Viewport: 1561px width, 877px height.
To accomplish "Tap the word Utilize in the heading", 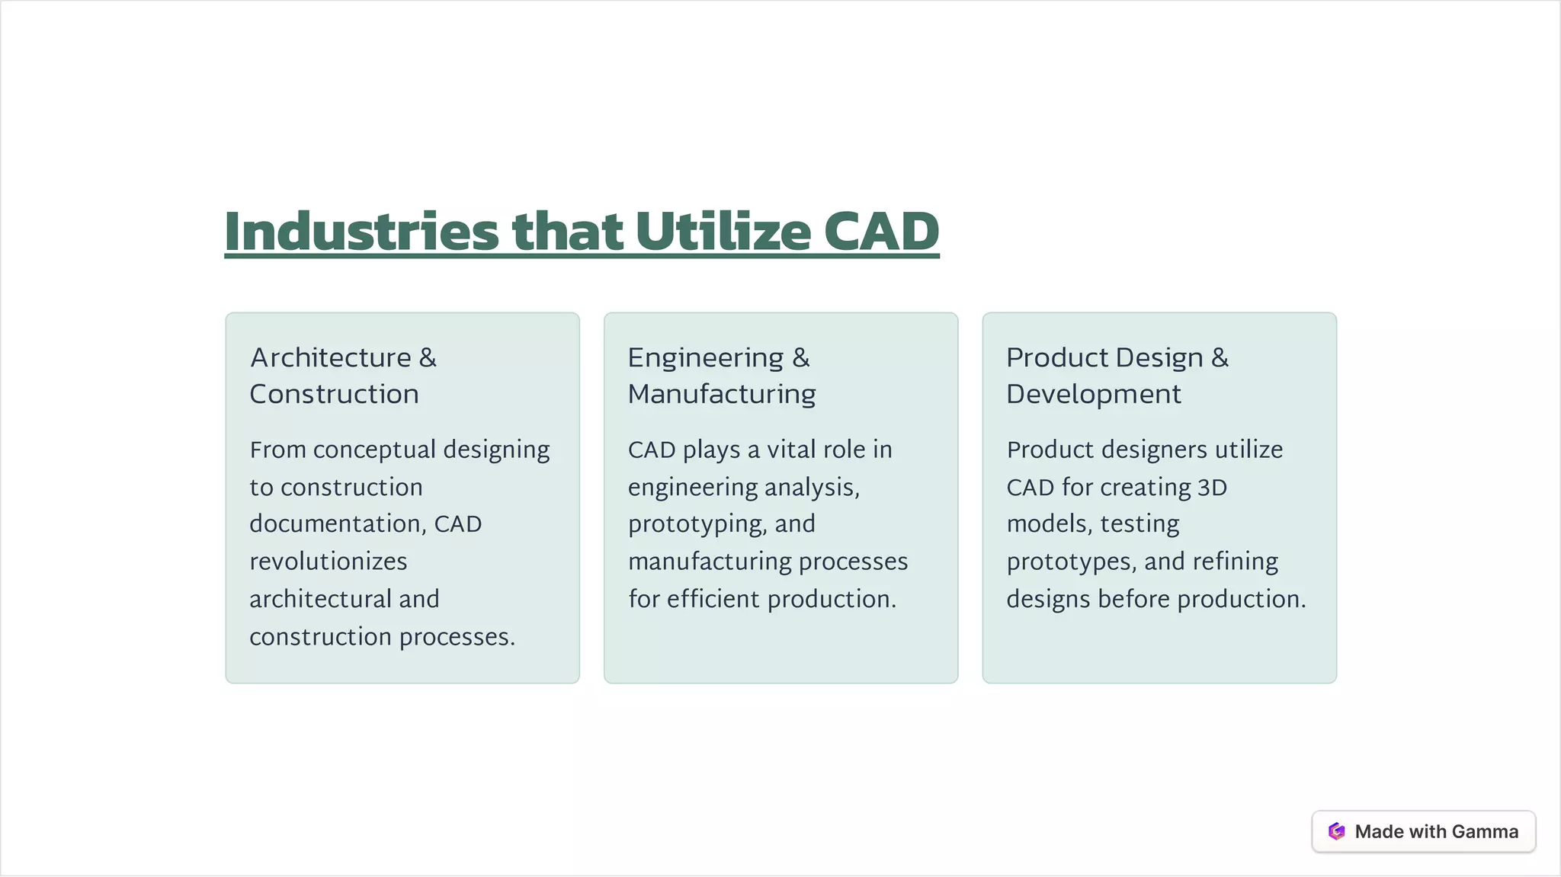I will [723, 232].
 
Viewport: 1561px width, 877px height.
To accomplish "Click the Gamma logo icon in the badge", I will [1336, 831].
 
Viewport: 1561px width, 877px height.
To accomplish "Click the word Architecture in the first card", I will [331, 357].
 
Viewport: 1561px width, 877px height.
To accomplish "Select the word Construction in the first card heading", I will [334, 394].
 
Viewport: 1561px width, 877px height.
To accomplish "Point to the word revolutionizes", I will [329, 562].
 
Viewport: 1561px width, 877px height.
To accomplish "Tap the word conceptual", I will [373, 450].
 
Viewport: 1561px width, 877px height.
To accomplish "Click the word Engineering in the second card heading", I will [705, 358].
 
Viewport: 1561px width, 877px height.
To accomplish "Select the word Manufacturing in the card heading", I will [722, 394].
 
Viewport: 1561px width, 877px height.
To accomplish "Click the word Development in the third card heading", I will [1093, 394].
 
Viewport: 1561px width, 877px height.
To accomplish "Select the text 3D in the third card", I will [1212, 487].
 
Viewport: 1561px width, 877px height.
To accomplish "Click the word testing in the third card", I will [1139, 524].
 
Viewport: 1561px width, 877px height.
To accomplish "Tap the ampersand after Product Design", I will [1220, 357].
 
